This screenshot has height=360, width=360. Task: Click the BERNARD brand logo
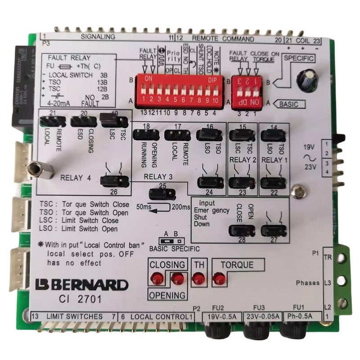tap(81, 284)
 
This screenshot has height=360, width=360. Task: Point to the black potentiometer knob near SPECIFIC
tap(306, 80)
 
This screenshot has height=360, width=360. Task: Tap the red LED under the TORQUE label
tap(219, 279)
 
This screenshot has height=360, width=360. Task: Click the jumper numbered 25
tap(162, 194)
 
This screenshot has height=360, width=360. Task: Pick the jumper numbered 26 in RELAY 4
tap(114, 181)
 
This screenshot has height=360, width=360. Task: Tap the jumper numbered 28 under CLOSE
tap(242, 231)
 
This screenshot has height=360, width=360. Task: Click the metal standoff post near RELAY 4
tap(40, 170)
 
